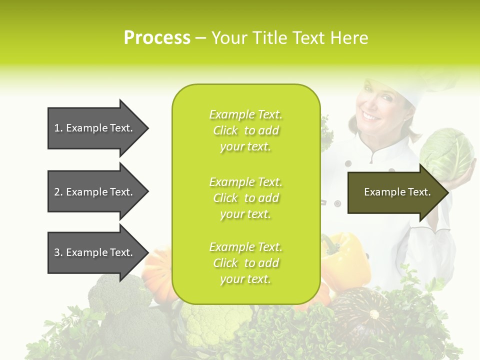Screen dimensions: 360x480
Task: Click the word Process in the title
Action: (157, 37)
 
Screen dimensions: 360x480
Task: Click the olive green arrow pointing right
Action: (397, 192)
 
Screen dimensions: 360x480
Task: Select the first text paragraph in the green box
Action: (245, 130)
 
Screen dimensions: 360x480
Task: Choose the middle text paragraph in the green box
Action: (245, 197)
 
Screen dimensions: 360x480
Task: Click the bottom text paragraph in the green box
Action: (245, 263)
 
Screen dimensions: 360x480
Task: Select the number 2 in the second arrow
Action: (57, 192)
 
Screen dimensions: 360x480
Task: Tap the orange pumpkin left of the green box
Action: (159, 272)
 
